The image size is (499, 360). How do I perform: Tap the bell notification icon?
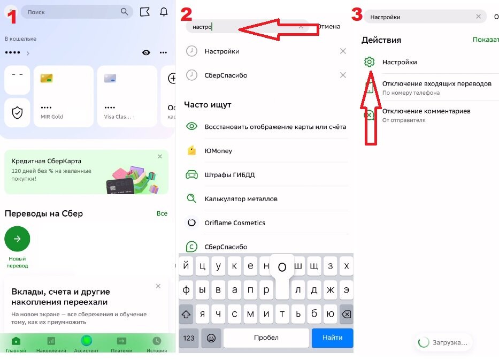click(x=164, y=12)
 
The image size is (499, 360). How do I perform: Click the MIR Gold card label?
click(x=51, y=117)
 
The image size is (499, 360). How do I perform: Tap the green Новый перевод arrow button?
click(x=17, y=239)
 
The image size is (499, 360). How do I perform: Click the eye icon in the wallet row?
click(x=146, y=52)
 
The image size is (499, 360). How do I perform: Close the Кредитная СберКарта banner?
click(x=160, y=156)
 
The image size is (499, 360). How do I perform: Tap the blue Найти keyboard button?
click(x=332, y=338)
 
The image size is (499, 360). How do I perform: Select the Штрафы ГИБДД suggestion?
click(x=229, y=175)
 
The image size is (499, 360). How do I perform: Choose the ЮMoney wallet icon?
click(x=191, y=150)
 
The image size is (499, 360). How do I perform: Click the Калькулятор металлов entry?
click(x=241, y=199)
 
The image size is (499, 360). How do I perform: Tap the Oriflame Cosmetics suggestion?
click(x=235, y=223)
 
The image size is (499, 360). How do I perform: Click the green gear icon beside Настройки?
click(x=369, y=62)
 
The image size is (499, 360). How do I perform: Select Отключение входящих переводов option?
click(x=436, y=83)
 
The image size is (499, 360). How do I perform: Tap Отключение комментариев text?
click(x=426, y=111)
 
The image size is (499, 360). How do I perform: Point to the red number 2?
click(x=187, y=14)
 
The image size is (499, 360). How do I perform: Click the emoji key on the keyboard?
click(x=211, y=338)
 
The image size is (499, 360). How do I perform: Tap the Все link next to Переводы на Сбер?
click(x=162, y=213)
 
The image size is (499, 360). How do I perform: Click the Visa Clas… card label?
click(x=118, y=117)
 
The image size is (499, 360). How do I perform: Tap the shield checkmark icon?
click(x=17, y=112)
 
